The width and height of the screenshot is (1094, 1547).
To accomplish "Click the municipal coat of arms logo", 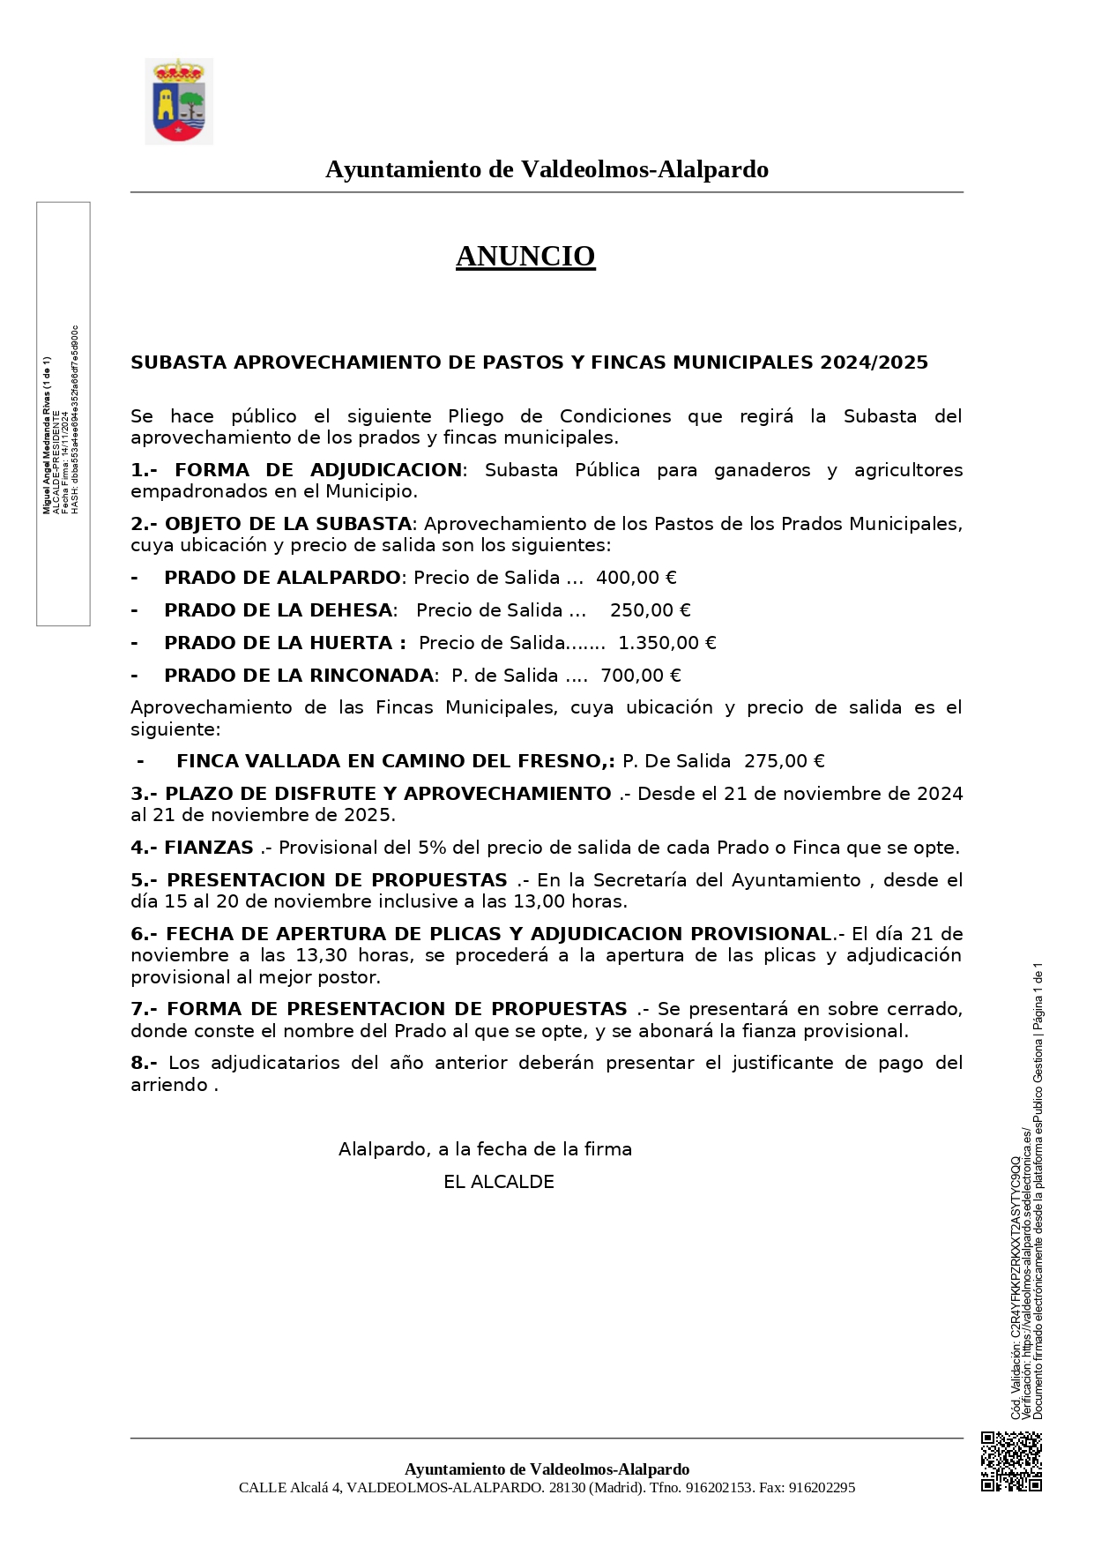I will [x=179, y=101].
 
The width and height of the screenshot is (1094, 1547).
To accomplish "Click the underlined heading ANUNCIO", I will [x=525, y=256].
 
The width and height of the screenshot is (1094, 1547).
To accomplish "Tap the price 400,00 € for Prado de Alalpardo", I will [x=636, y=578].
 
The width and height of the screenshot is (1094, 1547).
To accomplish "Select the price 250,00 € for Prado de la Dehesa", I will [x=650, y=610].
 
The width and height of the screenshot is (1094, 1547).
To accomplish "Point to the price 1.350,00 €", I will [x=666, y=643].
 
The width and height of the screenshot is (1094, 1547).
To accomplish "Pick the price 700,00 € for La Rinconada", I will [x=640, y=676].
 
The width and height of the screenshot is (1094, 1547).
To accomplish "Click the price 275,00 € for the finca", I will [x=784, y=761].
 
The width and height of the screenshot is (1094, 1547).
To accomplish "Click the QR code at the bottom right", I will [x=1011, y=1461].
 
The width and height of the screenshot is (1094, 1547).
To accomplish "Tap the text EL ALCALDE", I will [x=499, y=1182].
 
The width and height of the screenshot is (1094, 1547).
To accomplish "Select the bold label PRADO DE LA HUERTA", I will [x=284, y=643].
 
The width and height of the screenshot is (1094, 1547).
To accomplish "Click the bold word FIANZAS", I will [x=209, y=848].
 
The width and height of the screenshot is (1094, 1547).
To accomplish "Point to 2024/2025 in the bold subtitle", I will [x=874, y=362].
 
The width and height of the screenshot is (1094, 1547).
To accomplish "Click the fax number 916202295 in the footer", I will [x=821, y=1488].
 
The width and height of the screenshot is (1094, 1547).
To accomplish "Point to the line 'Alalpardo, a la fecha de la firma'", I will [x=485, y=1149].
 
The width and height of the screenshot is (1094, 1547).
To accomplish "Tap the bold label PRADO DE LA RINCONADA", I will [x=299, y=676].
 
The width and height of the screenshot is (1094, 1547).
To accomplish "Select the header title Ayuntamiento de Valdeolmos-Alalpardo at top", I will [x=547, y=169].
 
